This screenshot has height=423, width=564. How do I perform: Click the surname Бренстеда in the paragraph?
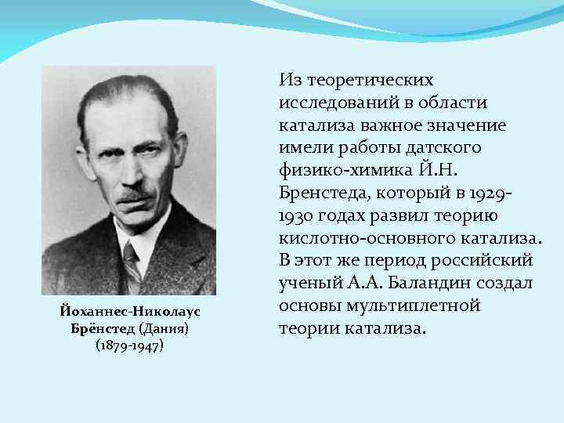(x=324, y=192)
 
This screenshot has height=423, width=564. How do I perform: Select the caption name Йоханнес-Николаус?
(x=128, y=311)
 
